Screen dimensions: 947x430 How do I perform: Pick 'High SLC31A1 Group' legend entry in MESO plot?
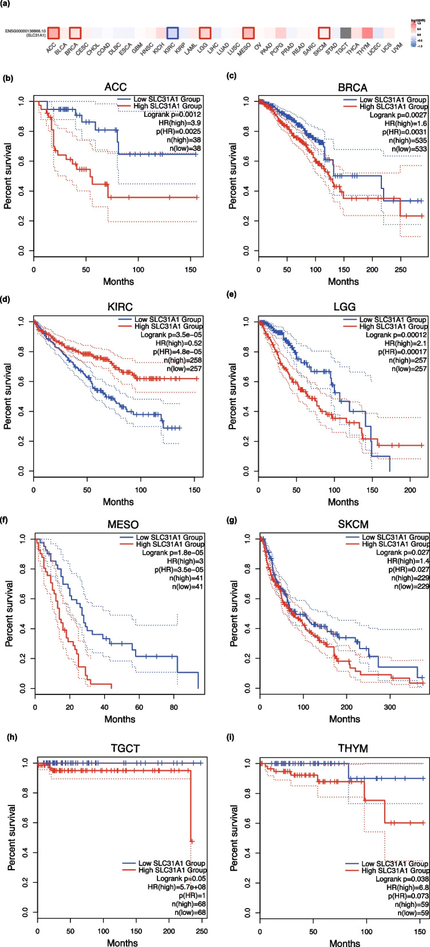point(170,544)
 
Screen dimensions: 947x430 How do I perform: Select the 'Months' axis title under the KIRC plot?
point(118,502)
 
